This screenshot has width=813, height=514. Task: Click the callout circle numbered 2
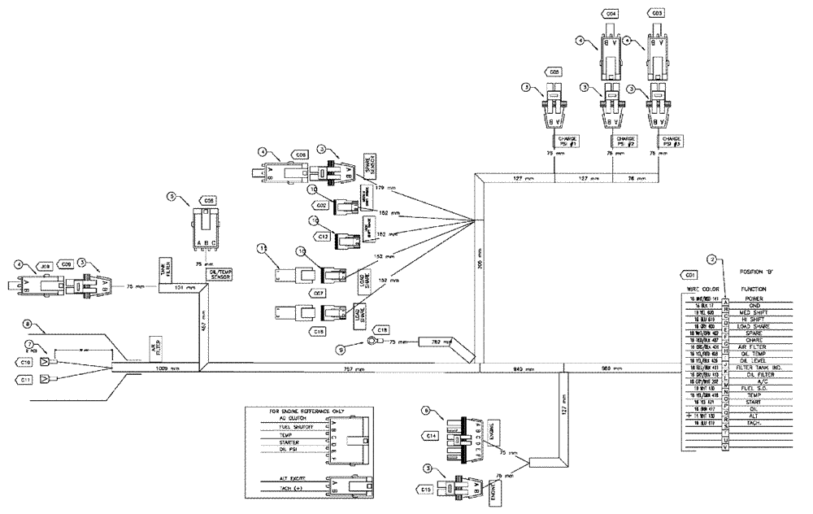coord(711,260)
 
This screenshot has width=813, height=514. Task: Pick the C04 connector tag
coord(611,14)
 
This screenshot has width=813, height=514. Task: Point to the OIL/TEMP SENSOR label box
coord(220,276)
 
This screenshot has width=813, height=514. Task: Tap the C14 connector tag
coord(433,437)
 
